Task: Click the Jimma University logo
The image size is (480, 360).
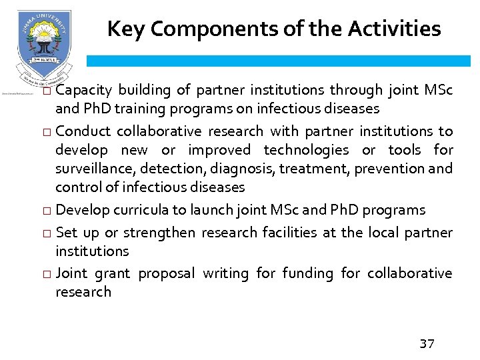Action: (44, 46)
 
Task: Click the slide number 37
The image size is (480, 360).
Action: (427, 344)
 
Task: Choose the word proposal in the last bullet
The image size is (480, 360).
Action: (166, 273)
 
